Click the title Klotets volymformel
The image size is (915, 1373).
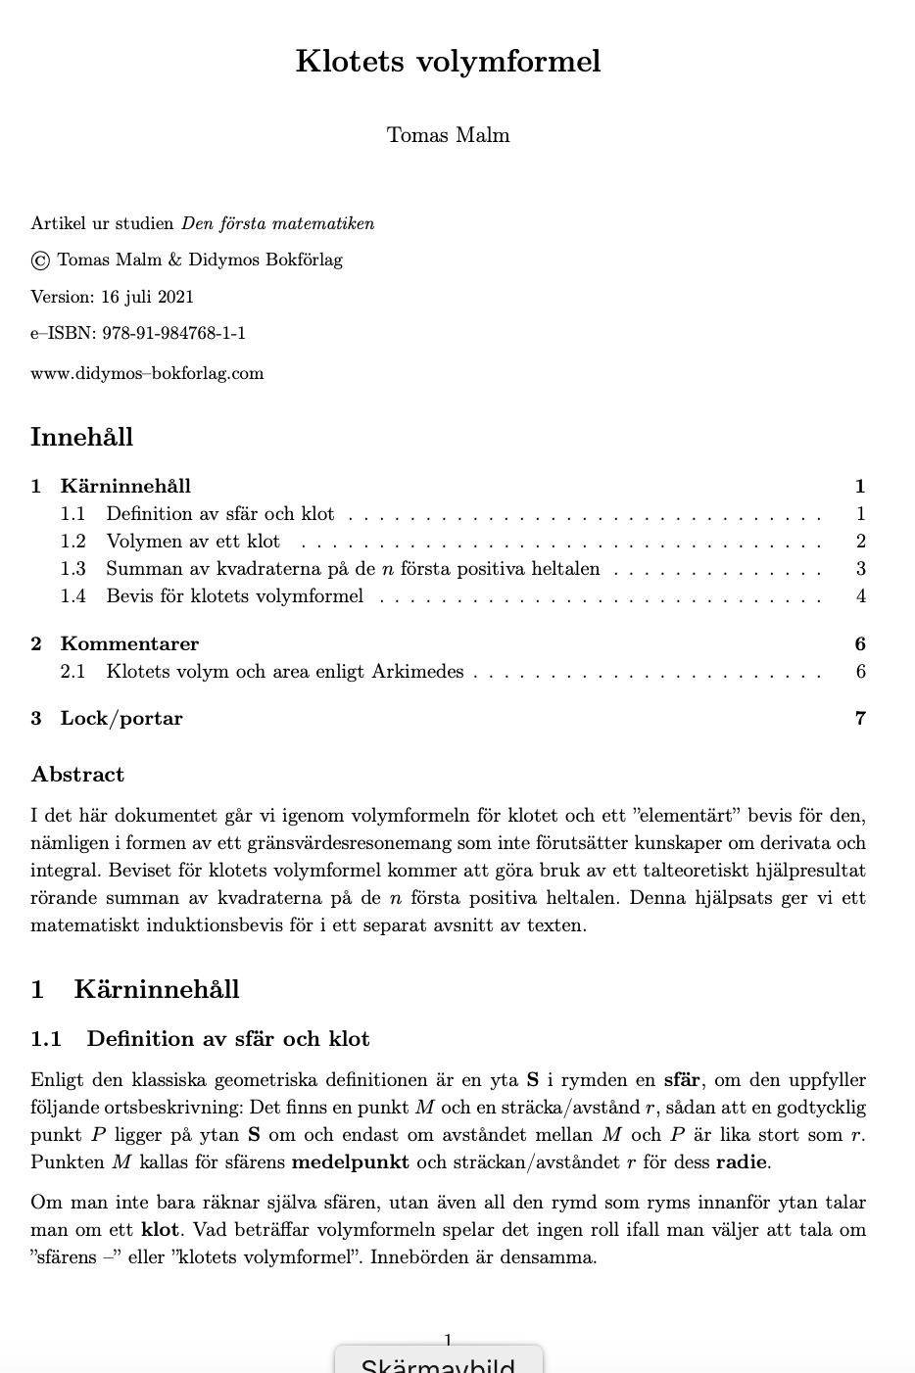(448, 62)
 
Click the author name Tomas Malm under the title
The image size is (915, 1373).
(448, 135)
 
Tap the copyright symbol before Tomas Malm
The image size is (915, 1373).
(40, 260)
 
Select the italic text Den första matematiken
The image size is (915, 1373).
(277, 223)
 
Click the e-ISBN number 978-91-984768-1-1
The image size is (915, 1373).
(173, 333)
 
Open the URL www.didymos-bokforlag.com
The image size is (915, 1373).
(147, 373)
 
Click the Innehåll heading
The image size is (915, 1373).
(81, 437)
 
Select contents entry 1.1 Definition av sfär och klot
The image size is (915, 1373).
(219, 514)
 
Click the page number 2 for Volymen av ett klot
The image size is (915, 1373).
(860, 542)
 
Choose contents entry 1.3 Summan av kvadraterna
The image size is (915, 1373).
(353, 569)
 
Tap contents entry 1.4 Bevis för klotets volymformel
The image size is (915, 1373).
(234, 596)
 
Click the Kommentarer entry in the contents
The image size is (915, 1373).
(129, 643)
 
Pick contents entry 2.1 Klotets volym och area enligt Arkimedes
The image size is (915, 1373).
(284, 672)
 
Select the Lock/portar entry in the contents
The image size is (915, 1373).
(121, 718)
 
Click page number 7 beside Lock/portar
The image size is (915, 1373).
(860, 718)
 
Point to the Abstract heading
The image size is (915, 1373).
(77, 775)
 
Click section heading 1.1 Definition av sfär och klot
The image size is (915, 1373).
(227, 1039)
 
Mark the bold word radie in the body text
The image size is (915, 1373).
(742, 1162)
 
